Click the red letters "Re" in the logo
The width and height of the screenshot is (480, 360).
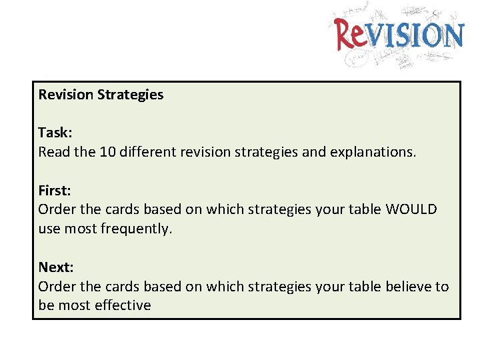(x=351, y=35)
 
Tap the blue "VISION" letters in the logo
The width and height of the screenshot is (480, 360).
(x=416, y=35)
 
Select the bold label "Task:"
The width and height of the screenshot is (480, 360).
(x=55, y=133)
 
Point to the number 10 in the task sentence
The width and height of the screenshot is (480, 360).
(x=107, y=152)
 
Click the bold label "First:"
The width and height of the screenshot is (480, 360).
(x=55, y=190)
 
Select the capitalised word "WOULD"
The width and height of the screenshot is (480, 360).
(x=411, y=209)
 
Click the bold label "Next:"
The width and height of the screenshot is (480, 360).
(x=56, y=267)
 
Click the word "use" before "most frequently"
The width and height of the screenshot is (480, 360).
(x=50, y=229)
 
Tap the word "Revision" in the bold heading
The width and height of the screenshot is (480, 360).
(x=66, y=95)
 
